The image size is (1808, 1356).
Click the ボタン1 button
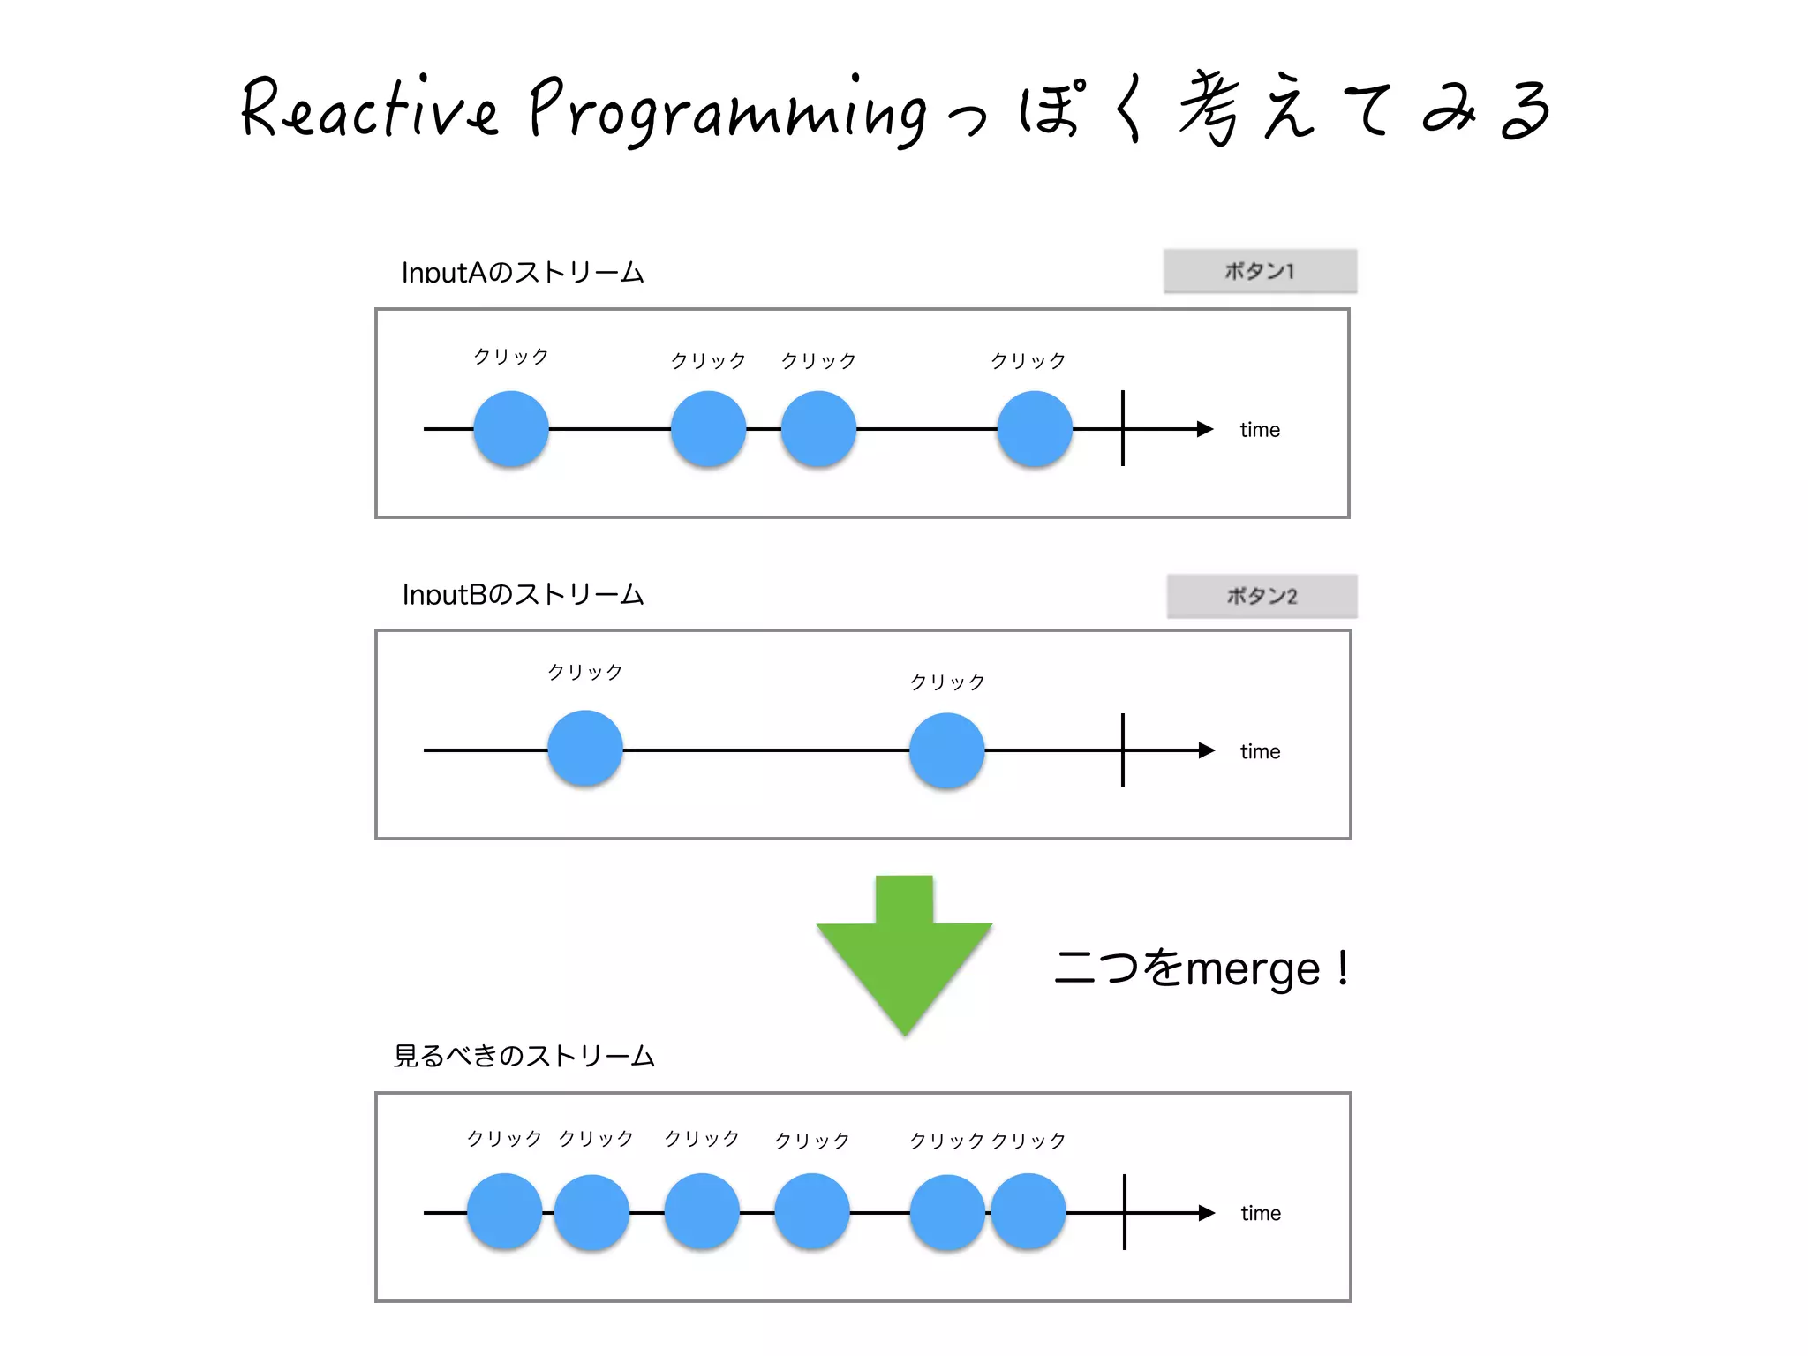click(1260, 271)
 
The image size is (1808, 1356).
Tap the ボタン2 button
click(1262, 596)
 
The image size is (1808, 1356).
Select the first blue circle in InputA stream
click(511, 429)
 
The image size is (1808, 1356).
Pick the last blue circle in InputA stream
click(1035, 429)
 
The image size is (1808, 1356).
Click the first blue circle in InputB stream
click(585, 749)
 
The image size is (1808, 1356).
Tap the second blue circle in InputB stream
click(947, 750)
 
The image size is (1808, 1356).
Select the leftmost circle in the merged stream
click(504, 1211)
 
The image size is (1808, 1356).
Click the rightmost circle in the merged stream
click(1028, 1211)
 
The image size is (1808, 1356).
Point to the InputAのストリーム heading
click(523, 272)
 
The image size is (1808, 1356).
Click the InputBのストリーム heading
click(523, 594)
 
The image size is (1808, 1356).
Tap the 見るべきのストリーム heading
click(524, 1056)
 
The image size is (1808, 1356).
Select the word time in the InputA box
click(1260, 430)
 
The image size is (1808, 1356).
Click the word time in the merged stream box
click(1261, 1213)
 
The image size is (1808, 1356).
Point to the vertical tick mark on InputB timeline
click(1123, 750)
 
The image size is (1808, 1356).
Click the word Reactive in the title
click(369, 109)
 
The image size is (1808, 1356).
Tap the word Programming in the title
click(728, 111)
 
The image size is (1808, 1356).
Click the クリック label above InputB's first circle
click(585, 672)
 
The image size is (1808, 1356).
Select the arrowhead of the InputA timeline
click(1205, 429)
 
